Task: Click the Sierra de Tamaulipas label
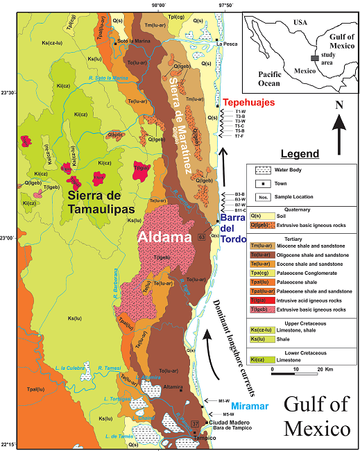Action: pyautogui.click(x=112, y=203)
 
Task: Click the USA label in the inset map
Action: pyautogui.click(x=300, y=22)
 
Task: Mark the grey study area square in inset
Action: pyautogui.click(x=315, y=59)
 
